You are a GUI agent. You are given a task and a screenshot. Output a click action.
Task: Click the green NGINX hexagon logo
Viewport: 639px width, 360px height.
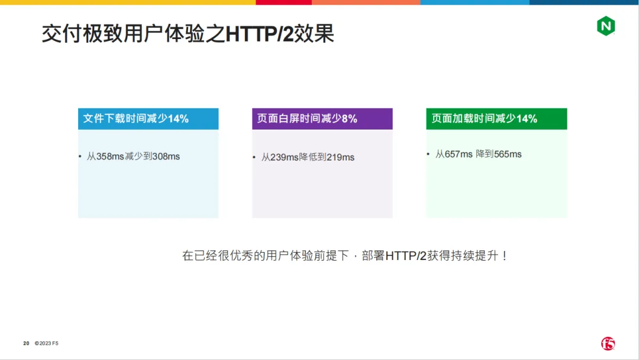coord(606,26)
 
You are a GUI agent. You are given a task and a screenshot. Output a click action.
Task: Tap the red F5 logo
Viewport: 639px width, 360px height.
coord(608,343)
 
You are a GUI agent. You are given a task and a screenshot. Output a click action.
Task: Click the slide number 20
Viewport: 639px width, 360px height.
coord(26,343)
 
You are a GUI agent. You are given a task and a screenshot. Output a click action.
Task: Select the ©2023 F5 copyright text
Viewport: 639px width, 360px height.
coord(47,343)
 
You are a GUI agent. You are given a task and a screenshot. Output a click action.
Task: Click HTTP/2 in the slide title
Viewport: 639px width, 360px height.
coord(259,34)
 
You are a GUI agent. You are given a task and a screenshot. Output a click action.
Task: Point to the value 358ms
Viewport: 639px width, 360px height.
coord(110,156)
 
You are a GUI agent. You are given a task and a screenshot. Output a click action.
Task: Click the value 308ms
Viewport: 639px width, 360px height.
coord(166,156)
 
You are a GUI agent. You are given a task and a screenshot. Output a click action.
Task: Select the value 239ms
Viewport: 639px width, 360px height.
coord(285,157)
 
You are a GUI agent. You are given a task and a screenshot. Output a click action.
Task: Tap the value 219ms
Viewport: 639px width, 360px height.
coord(340,157)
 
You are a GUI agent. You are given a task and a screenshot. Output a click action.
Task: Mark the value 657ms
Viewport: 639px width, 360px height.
coord(459,154)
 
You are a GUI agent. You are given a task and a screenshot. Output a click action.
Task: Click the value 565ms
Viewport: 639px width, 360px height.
coord(508,154)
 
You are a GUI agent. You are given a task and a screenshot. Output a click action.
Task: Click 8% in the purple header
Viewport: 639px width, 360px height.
coord(350,118)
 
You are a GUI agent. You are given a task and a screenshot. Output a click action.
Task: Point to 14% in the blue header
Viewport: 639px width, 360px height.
coord(178,118)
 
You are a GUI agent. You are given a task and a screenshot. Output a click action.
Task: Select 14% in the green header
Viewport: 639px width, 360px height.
coord(527,118)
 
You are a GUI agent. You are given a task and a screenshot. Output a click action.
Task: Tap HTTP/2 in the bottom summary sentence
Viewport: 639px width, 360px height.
coord(405,256)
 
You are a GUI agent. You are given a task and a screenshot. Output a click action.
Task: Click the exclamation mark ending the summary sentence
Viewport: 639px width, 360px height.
coord(505,256)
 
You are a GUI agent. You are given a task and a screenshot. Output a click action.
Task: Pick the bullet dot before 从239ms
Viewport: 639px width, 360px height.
coord(254,157)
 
